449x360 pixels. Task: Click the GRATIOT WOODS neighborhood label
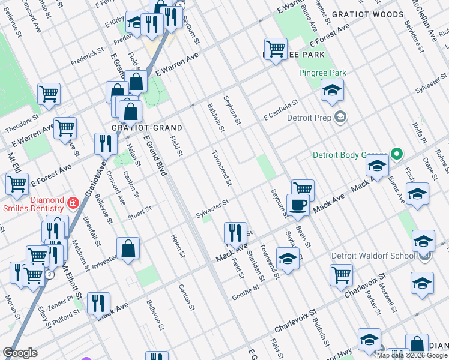(371, 14)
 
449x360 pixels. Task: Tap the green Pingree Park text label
(322, 73)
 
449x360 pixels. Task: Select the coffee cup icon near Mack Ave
(298, 206)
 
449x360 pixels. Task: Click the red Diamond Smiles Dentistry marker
(73, 203)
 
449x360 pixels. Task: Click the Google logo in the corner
(20, 353)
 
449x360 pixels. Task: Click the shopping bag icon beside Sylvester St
(128, 249)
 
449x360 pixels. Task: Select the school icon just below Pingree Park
(330, 91)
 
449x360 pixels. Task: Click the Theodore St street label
(21, 125)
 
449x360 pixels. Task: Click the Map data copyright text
(412, 355)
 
